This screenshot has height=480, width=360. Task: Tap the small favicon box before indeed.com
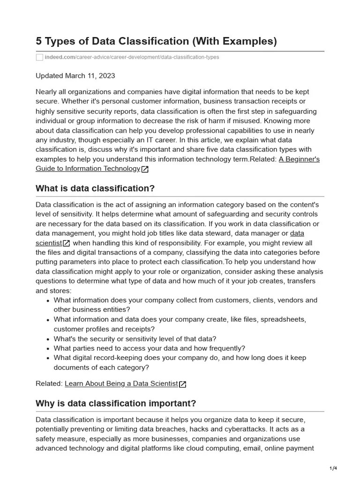[40, 57]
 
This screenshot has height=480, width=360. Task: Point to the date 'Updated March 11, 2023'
[75, 75]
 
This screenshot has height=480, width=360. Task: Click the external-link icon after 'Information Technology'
[145, 169]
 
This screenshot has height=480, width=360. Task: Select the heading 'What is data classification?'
[95, 188]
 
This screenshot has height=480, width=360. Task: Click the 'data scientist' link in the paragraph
[297, 233]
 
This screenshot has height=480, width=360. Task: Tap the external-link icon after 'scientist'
[67, 243]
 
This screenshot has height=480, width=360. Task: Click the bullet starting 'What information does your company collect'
[185, 300]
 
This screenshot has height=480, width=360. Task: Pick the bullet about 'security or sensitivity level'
[135, 338]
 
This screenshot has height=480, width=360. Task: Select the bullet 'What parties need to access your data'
[149, 348]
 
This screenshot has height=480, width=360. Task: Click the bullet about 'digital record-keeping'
[180, 358]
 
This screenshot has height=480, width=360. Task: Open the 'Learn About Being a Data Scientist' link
[121, 383]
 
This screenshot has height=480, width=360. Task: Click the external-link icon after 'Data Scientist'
[183, 384]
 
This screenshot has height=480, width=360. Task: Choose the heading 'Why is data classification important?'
[116, 404]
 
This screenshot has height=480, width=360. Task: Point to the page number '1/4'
[333, 468]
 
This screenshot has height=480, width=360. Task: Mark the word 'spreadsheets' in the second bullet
[283, 319]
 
